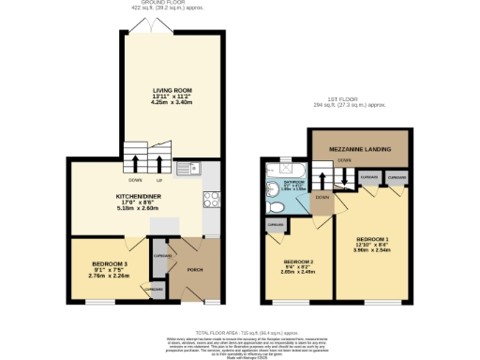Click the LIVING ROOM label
click(172, 90)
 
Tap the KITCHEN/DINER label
click(137, 197)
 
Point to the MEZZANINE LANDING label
click(360, 148)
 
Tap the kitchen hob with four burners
click(211, 198)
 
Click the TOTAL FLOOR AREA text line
click(240, 333)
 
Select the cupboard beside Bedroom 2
click(276, 226)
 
